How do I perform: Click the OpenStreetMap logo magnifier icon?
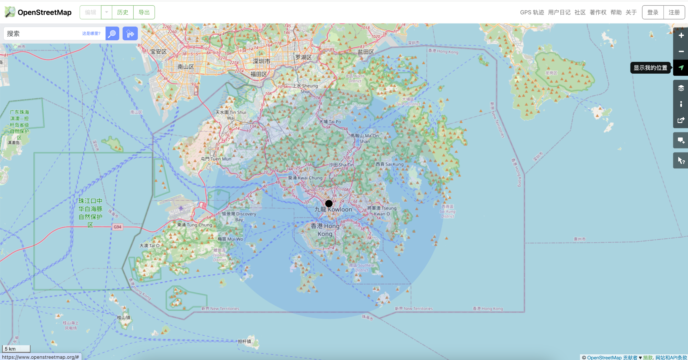(10, 12)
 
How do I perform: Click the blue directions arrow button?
(130, 34)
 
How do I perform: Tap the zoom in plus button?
(681, 35)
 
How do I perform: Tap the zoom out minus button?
(681, 51)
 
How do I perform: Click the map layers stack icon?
(681, 88)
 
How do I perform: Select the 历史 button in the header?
(123, 12)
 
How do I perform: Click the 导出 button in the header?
(144, 12)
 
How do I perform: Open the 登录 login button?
(653, 12)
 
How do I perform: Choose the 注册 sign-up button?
(674, 12)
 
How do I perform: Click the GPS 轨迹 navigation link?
(532, 12)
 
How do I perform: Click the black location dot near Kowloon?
(329, 203)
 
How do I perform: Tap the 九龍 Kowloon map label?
(333, 209)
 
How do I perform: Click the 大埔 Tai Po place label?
(330, 122)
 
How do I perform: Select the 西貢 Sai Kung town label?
(389, 164)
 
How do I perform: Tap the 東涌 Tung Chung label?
(195, 225)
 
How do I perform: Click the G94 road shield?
(117, 227)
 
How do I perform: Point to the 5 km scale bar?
(16, 349)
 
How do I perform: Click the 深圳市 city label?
(261, 62)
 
